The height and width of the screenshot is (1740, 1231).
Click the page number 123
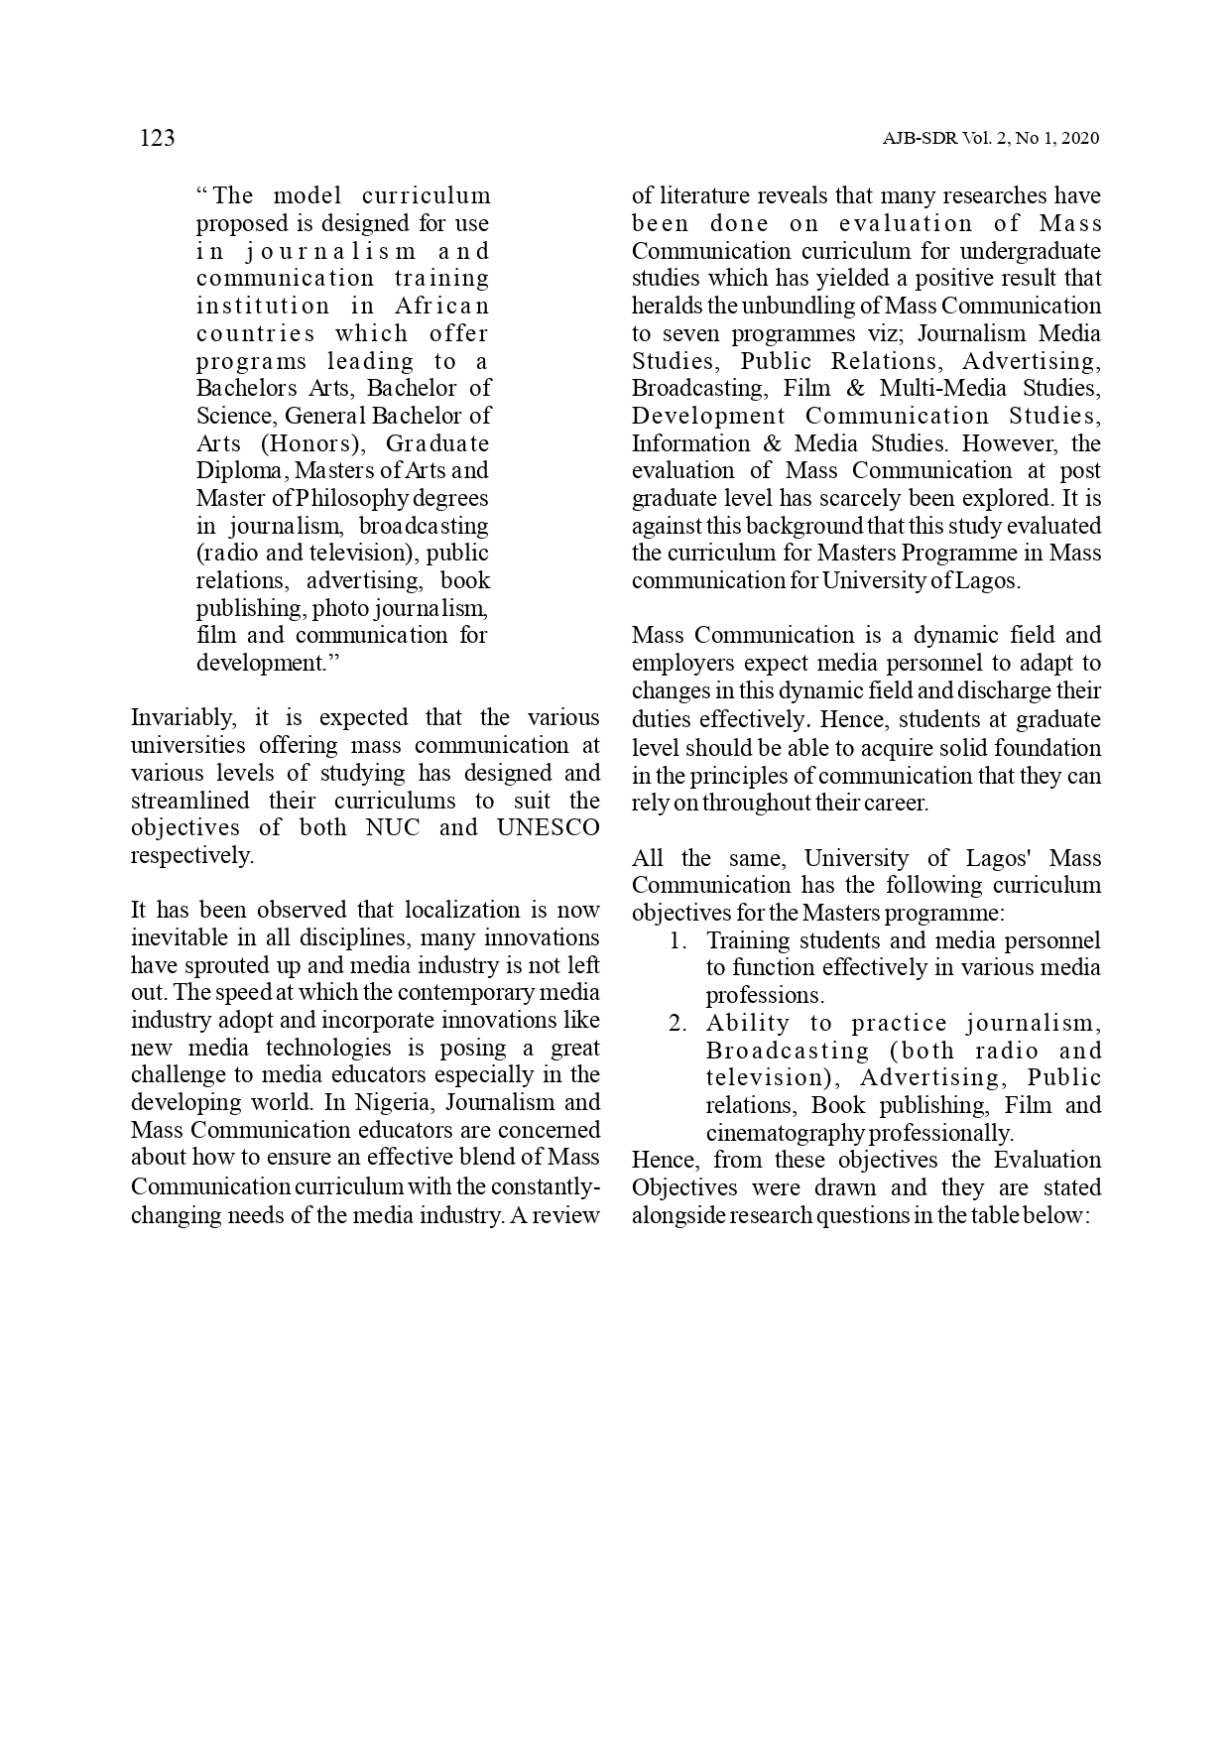click(x=157, y=138)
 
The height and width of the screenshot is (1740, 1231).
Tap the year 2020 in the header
click(x=1079, y=139)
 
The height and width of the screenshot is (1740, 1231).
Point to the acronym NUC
click(x=393, y=828)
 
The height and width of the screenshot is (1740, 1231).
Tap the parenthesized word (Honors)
click(x=313, y=443)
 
